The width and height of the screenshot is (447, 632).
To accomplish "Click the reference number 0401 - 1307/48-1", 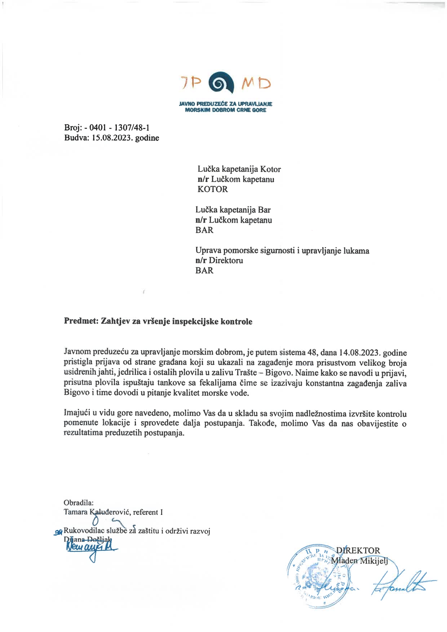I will click(119, 128).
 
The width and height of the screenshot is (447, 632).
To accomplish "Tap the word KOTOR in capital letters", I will click(213, 189).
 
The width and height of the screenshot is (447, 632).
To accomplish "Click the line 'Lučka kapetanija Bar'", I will click(233, 210).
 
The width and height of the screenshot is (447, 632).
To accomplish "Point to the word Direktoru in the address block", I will click(226, 260).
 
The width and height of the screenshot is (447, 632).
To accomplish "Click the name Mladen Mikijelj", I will click(359, 561).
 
